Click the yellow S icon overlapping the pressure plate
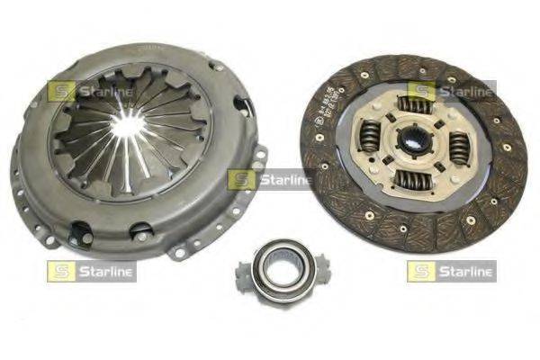[x=61, y=90]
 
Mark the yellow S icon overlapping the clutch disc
[x=421, y=90]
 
